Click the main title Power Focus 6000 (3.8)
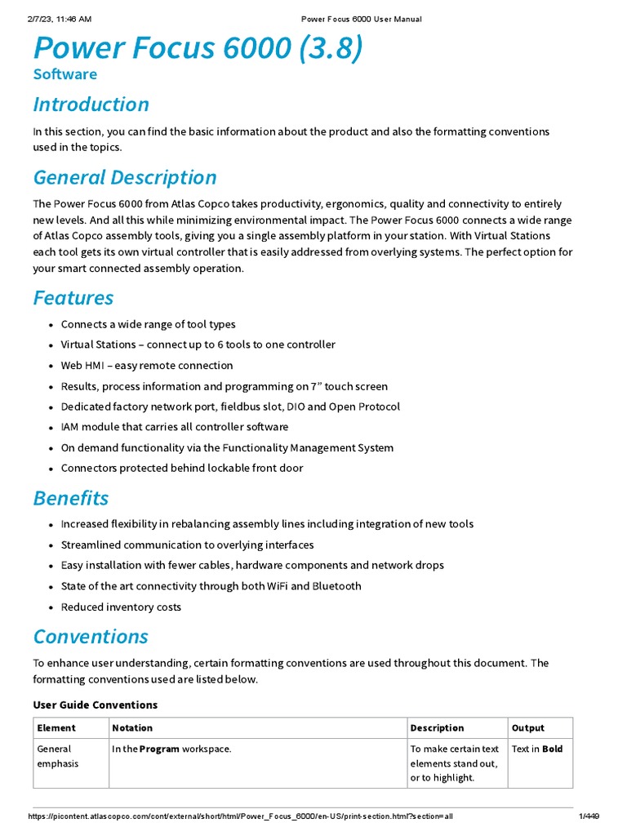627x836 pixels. pos(198,49)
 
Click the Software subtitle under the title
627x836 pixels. pos(64,74)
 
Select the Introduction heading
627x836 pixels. pos(91,104)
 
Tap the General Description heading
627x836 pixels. pos(124,177)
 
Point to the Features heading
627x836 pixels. pos(73,297)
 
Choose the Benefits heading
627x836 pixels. pos(70,498)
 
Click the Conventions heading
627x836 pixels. pos(90,636)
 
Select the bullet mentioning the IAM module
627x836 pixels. pos(174,427)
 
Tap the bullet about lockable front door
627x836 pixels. pos(181,469)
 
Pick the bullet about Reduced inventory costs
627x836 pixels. pos(121,607)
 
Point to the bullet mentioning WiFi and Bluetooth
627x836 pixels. pos(211,586)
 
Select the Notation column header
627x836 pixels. pos(132,728)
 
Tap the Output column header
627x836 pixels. pos(527,728)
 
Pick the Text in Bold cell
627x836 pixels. pos(536,749)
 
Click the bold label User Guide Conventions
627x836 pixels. pos(95,705)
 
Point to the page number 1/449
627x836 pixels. pos(589,816)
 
